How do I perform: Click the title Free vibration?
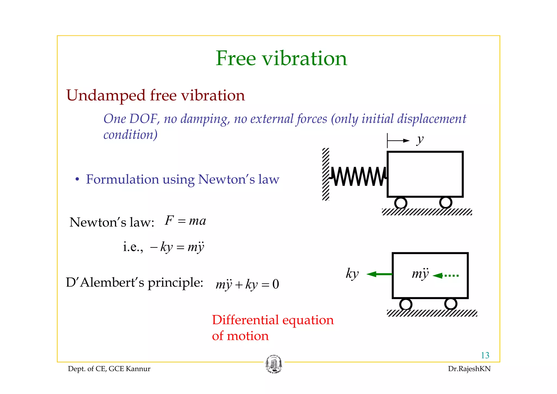coord(281,59)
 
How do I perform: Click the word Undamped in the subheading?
coord(106,96)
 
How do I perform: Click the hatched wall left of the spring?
coord(326,174)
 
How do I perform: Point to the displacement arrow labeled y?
coord(398,141)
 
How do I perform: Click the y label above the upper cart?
coord(420,140)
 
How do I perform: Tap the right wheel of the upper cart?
coord(445,202)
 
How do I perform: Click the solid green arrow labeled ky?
coord(379,274)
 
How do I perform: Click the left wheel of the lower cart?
coord(406,304)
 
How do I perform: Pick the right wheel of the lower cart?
coord(450,304)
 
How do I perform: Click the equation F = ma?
coord(185,221)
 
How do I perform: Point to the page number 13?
coord(485,355)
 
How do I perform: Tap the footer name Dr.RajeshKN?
coord(469,369)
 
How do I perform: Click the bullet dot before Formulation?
coord(77,180)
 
